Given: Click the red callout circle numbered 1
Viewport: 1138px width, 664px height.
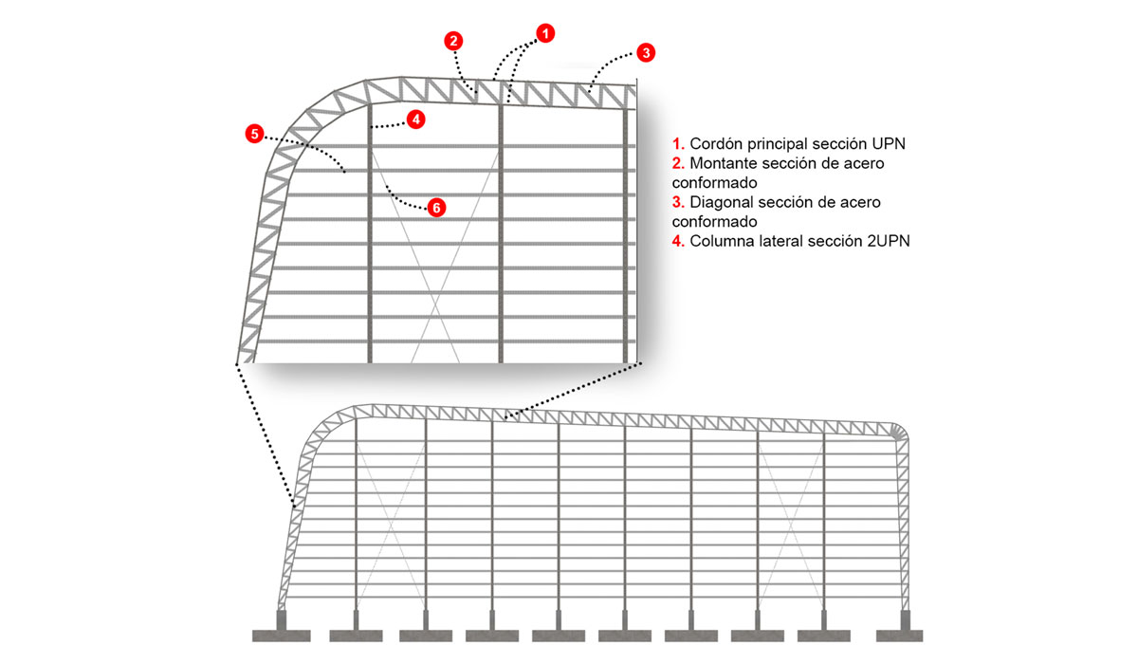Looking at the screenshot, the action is [545, 33].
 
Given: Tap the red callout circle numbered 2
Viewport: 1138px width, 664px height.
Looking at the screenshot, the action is [453, 41].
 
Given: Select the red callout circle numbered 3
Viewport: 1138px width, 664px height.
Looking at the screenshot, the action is [646, 53].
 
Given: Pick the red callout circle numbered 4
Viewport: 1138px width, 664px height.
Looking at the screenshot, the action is [416, 120].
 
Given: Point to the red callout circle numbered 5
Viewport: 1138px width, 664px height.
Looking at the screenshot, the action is [254, 134].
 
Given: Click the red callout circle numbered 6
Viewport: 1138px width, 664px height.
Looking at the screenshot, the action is [436, 208].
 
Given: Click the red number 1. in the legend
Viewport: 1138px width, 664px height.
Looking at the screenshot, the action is [678, 144].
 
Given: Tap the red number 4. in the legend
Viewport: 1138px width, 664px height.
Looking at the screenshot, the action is [678, 241].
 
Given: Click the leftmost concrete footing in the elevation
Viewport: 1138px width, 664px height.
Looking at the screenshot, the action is [282, 627].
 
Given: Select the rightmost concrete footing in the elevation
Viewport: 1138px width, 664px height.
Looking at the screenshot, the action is [899, 627].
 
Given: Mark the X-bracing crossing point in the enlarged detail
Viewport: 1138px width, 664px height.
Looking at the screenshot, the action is [435, 304].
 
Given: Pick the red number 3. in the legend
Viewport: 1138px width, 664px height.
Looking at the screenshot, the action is [678, 202].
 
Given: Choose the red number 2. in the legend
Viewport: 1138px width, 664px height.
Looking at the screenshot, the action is [678, 163].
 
